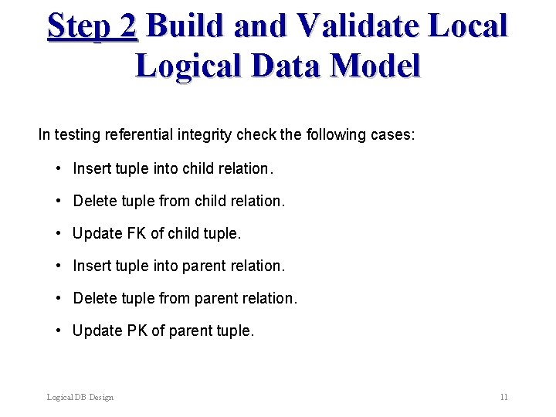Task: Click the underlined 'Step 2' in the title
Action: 92,25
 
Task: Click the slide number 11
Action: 503,397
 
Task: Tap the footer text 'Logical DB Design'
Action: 80,397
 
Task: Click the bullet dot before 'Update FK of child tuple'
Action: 59,233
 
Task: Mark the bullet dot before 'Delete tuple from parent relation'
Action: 59,298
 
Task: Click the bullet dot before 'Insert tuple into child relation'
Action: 59,168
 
